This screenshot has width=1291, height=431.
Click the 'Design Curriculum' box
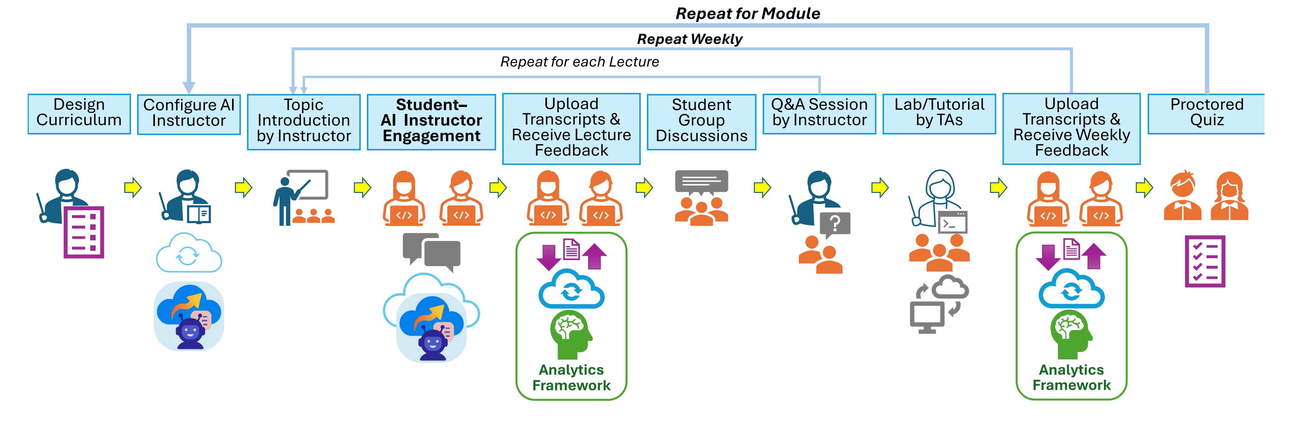79,113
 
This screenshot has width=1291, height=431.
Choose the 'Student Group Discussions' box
701,121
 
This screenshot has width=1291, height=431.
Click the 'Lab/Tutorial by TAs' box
939,113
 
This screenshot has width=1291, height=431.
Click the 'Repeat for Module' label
748,13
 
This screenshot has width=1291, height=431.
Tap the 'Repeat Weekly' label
689,39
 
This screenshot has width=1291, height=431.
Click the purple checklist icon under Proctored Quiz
1205,261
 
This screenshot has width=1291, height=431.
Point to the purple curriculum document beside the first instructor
84,232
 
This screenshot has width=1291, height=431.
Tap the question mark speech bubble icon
835,224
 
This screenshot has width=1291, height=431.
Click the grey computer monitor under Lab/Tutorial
927,317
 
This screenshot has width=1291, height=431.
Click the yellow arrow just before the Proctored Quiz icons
1144,188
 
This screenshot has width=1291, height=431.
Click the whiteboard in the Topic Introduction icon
308,185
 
